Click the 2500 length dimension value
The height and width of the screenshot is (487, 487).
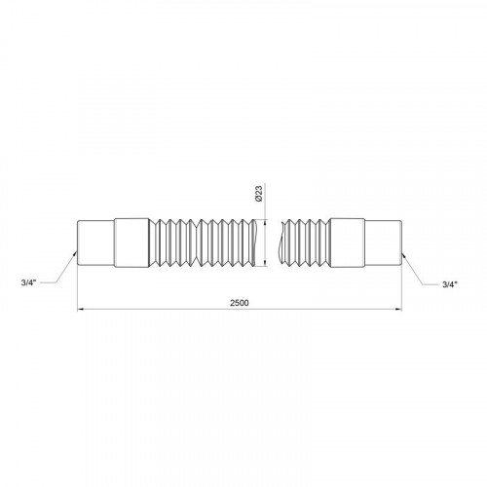pyautogui.click(x=240, y=303)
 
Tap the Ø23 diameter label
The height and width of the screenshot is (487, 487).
pyautogui.click(x=259, y=194)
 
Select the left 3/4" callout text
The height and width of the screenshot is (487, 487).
pyautogui.click(x=28, y=282)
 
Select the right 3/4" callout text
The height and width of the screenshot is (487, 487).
pyautogui.click(x=450, y=284)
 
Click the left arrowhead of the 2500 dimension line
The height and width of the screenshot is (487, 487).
pyautogui.click(x=81, y=310)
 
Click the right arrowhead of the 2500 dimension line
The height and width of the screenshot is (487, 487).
pyautogui.click(x=398, y=310)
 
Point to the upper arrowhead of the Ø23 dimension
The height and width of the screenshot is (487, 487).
pyautogui.click(x=266, y=223)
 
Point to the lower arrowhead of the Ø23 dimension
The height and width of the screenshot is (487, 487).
pyautogui.click(x=266, y=263)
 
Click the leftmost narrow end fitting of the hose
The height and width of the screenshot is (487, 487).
pyautogui.click(x=95, y=243)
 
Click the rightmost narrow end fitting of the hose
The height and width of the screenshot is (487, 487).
pyautogui.click(x=383, y=243)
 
